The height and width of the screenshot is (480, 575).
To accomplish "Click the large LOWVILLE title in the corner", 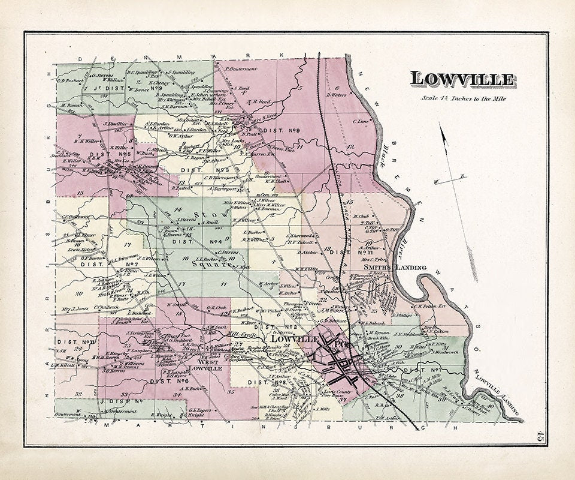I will coord(461,79).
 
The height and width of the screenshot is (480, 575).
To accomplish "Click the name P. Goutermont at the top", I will coord(241,69).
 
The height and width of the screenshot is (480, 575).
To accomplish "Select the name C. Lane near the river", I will coord(361,121).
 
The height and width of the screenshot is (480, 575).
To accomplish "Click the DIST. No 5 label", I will coord(93,154).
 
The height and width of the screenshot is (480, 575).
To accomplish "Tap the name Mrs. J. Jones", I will coord(74,309).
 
